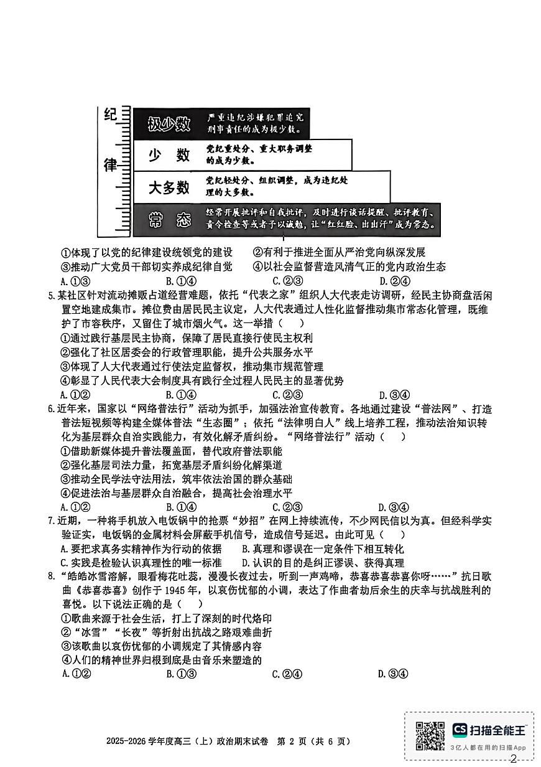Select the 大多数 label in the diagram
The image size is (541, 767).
coord(169,187)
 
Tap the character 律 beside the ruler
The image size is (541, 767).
coord(111,164)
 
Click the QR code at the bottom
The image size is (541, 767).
coord(430,736)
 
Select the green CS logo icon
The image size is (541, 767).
coord(460,729)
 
